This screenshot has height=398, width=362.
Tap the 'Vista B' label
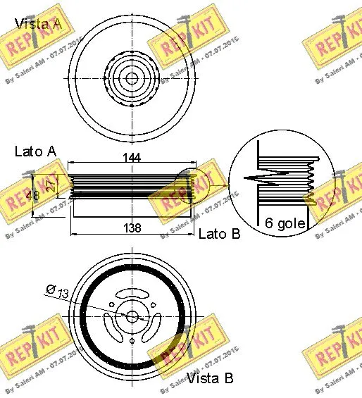click(x=209, y=378)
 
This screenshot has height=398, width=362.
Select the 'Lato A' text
click(x=35, y=151)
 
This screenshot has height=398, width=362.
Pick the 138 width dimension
click(x=131, y=228)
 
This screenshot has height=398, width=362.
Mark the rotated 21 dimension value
click(x=49, y=185)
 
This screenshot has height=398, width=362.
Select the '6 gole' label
click(x=285, y=223)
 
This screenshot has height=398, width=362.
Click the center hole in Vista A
click(x=131, y=77)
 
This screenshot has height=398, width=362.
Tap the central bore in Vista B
click(x=132, y=316)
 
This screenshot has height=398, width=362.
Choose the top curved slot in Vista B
click(x=132, y=293)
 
